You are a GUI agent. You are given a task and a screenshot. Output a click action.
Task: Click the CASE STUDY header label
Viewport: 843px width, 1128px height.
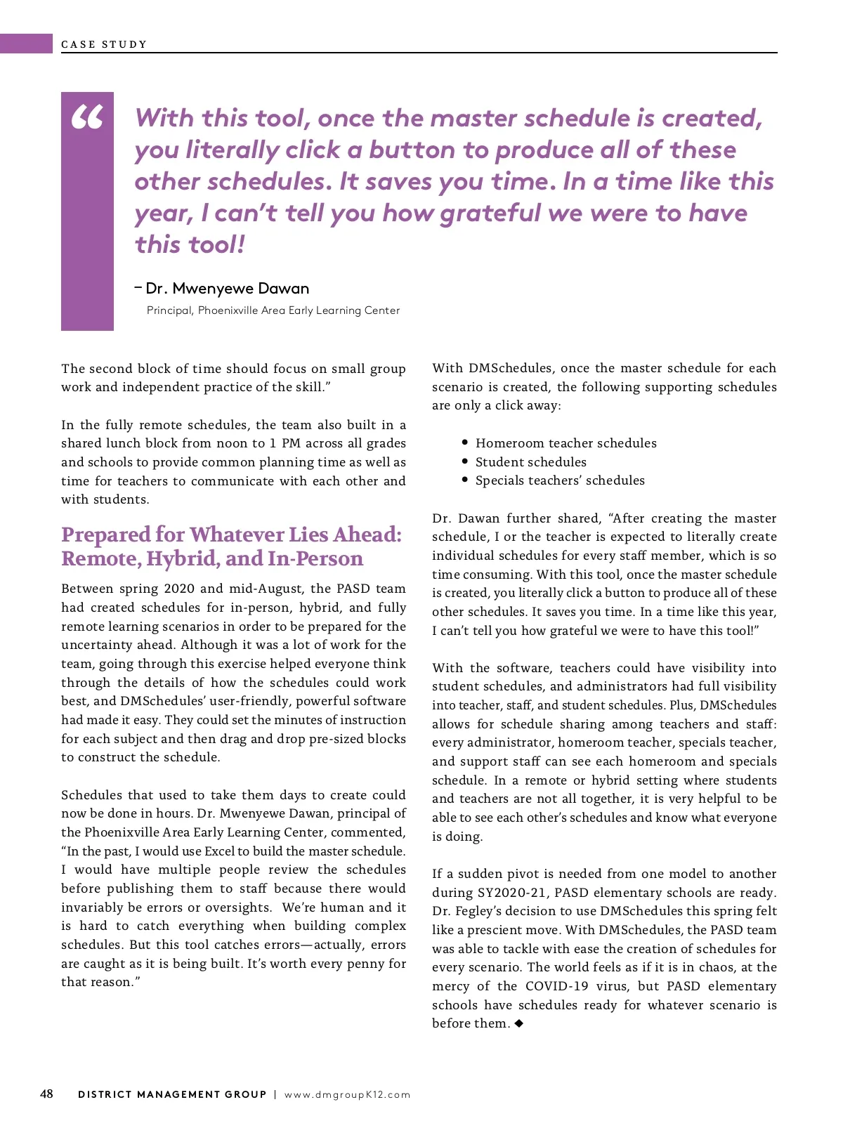tap(104, 44)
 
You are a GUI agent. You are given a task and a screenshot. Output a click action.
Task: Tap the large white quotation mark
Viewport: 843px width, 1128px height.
tap(87, 118)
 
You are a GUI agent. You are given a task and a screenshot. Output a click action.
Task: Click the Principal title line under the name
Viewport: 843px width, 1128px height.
tap(273, 310)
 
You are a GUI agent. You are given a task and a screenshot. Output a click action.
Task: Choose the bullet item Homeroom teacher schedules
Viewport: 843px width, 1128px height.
tap(566, 443)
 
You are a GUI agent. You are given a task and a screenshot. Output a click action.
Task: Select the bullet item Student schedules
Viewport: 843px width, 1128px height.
tap(530, 462)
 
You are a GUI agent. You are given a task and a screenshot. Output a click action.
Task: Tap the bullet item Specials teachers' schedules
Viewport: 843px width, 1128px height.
tap(560, 480)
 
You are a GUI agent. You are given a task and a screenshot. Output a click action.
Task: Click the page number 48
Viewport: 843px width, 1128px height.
tap(46, 1094)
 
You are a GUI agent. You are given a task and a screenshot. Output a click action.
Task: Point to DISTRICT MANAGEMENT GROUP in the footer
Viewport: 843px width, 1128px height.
tap(172, 1094)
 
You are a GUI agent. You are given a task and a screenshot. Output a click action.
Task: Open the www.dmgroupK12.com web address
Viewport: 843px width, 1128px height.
tap(347, 1094)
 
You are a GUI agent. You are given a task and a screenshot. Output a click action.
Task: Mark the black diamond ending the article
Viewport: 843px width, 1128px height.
tap(519, 1023)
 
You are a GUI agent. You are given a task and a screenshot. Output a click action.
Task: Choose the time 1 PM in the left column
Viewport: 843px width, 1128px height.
tap(286, 443)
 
